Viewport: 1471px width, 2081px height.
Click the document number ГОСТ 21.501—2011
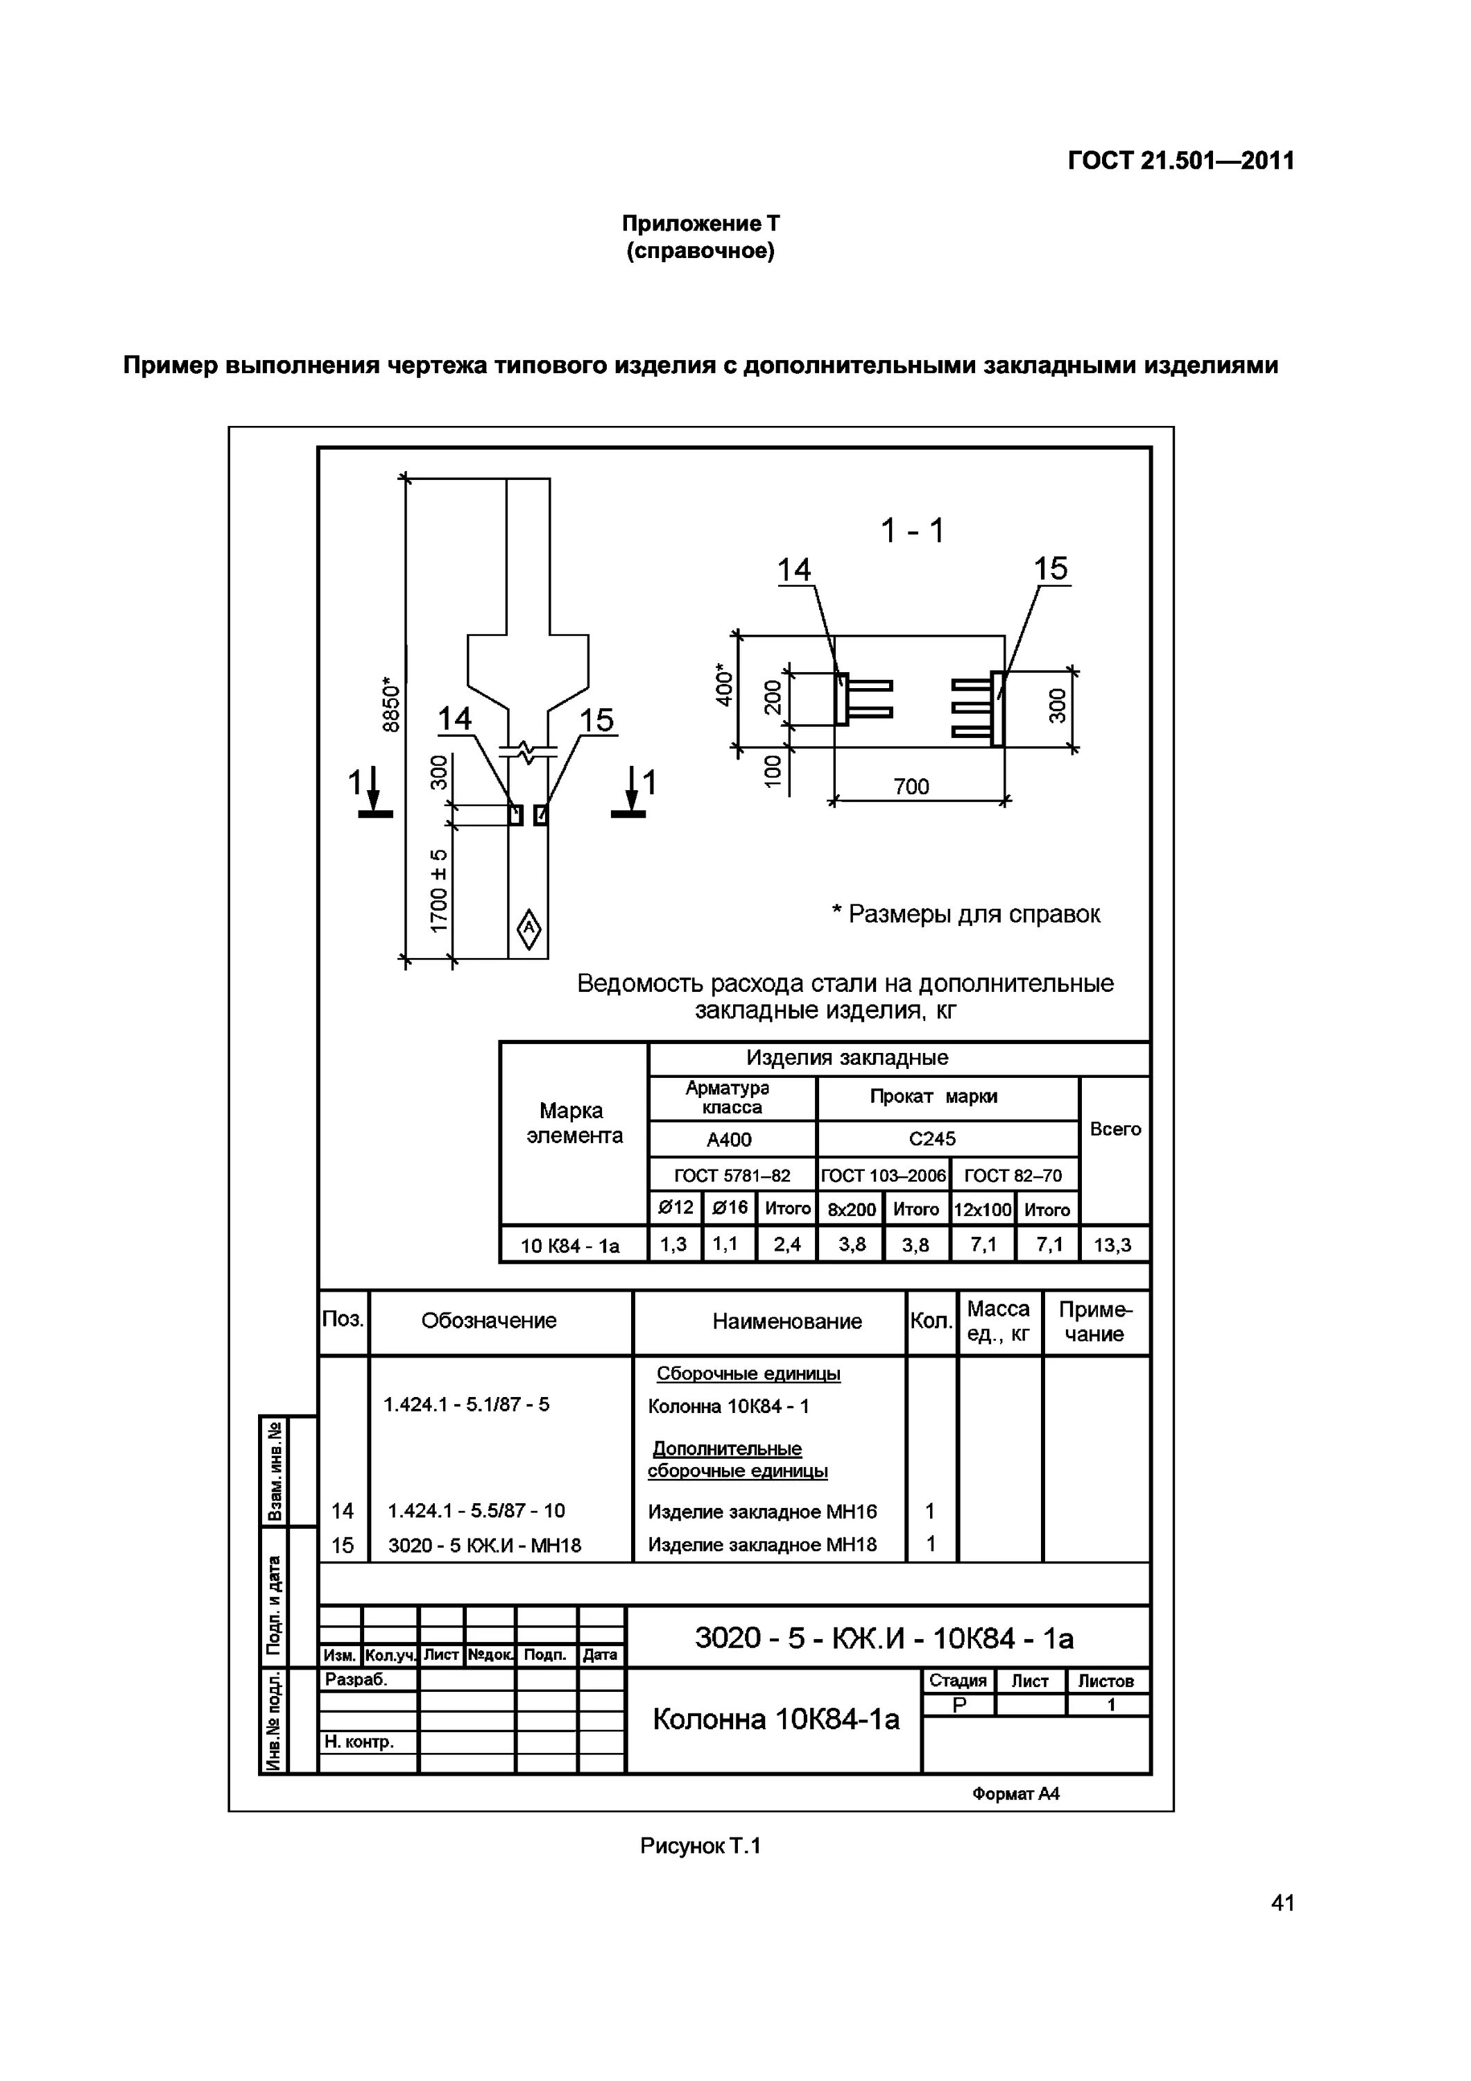coord(1180,162)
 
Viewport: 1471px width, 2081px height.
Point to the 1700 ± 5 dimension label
coord(440,891)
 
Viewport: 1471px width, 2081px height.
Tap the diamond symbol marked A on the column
coord(528,929)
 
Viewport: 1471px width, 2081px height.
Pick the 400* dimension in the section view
coord(724,685)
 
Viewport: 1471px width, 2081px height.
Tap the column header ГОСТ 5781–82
coord(732,1176)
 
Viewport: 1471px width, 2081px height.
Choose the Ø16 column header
coord(729,1208)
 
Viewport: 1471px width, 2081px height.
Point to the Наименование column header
coord(786,1321)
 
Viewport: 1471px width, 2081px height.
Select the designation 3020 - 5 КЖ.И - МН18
coord(484,1545)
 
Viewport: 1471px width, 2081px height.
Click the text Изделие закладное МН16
coord(762,1511)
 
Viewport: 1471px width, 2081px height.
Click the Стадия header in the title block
coord(957,1681)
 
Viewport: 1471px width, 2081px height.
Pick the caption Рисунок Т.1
coord(700,1845)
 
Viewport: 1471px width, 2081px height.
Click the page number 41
coord(1282,1928)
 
